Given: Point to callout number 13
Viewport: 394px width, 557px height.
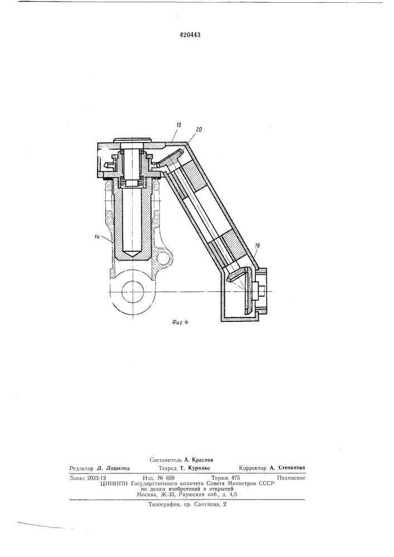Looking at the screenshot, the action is (x=179, y=125).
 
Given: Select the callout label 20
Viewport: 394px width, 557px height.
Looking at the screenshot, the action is (x=199, y=130).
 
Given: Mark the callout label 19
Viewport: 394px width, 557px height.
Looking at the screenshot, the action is (x=257, y=246).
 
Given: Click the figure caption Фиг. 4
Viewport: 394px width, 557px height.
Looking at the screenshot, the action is (x=179, y=323).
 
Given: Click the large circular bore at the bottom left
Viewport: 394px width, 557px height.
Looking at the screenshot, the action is (x=133, y=292).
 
